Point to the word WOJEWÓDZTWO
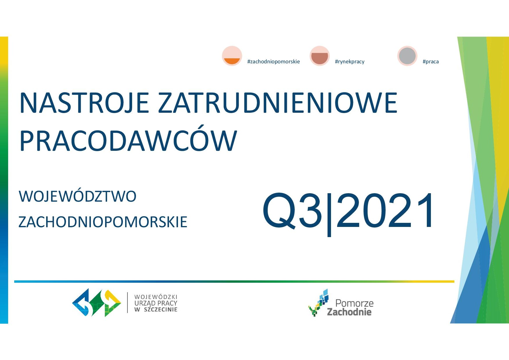coord(78,196)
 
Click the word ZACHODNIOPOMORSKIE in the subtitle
coord(103,222)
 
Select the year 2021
coord(385,210)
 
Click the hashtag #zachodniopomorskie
coord(274,62)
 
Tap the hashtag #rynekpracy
coord(350,62)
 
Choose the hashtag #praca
coord(431,62)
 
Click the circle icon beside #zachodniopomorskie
coord(232,56)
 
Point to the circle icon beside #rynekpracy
coord(320,56)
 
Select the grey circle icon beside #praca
coord(407,56)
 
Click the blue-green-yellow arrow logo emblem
coord(97,302)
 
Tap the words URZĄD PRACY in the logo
coord(156,303)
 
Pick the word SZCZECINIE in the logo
coord(161,310)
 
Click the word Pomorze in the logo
coord(354,303)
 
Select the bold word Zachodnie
coord(349,312)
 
